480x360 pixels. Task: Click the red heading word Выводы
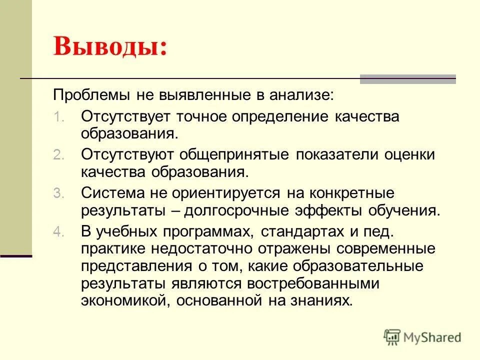click(110, 47)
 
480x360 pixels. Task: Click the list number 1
click(58, 118)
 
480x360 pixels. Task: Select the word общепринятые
click(240, 155)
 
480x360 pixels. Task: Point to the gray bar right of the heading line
click(408, 78)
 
